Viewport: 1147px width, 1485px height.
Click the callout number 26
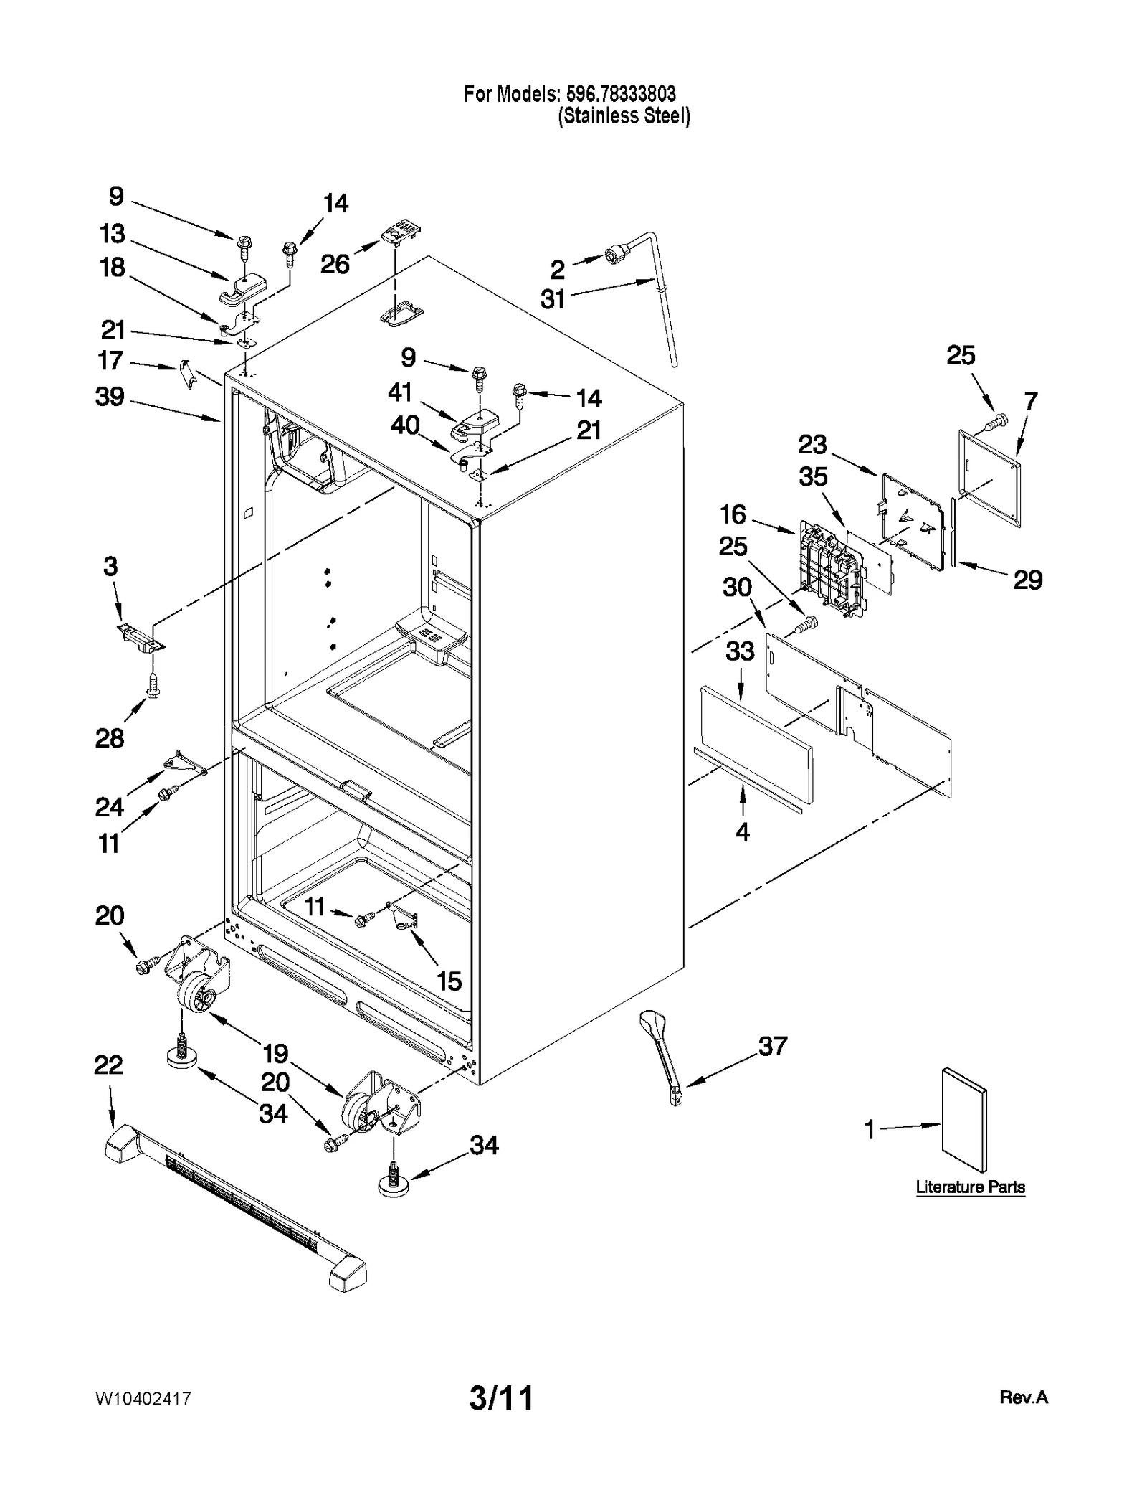tap(335, 265)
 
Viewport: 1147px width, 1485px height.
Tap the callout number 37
tap(773, 1046)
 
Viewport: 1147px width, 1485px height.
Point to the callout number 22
tap(108, 1065)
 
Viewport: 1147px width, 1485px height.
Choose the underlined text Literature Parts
tap(970, 1187)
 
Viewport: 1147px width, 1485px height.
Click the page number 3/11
tap(501, 1398)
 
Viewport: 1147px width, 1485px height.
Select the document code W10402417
tap(143, 1399)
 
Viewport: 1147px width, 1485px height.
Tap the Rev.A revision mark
tap(1023, 1397)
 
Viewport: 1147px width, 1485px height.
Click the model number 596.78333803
tap(621, 94)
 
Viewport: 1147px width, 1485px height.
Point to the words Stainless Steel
tap(624, 116)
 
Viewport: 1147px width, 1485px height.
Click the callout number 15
tap(449, 981)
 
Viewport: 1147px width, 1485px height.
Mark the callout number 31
tap(553, 299)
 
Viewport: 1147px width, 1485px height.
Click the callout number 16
tap(733, 514)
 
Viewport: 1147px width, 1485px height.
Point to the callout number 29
tap(1027, 580)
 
